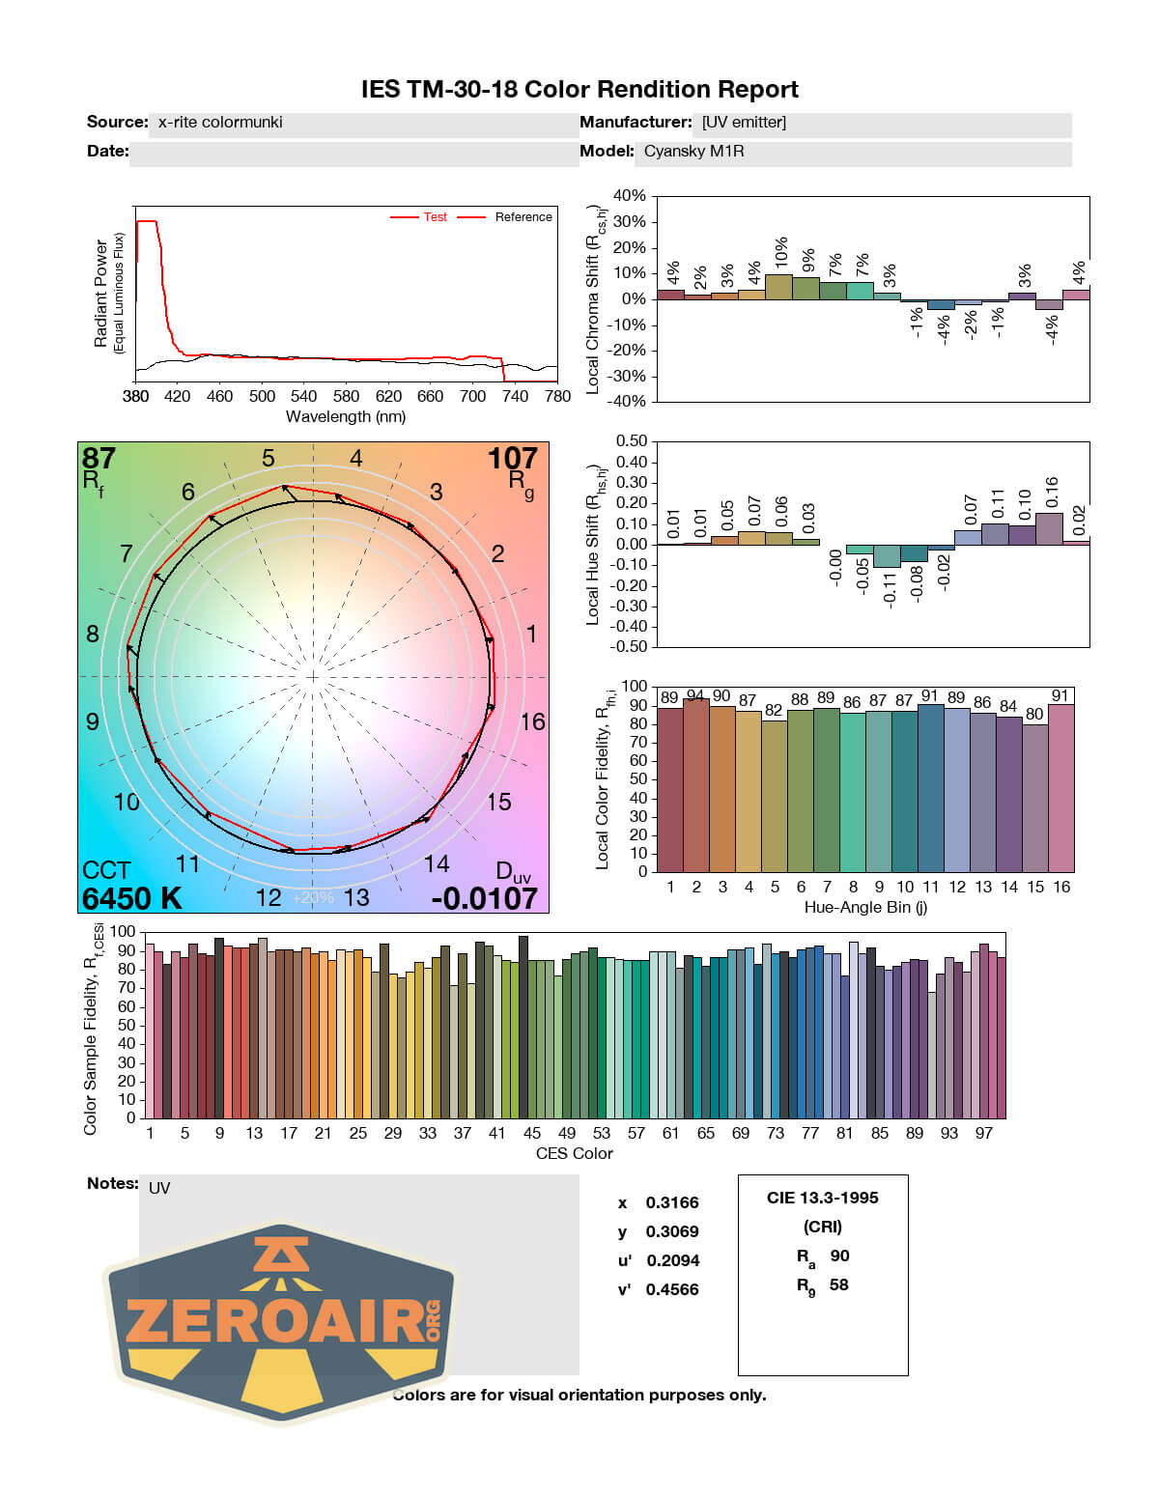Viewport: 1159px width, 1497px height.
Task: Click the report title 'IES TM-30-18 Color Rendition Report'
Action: tap(579, 90)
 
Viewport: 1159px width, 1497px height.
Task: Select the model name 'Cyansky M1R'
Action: tap(693, 152)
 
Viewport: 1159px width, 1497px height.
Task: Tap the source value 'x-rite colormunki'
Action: tap(220, 123)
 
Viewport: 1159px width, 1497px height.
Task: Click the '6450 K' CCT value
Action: tap(131, 898)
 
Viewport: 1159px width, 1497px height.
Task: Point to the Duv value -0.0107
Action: tap(484, 898)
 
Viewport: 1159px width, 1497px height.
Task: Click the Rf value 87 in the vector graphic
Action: tap(99, 458)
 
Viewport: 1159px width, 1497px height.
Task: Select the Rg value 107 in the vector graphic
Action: tap(512, 458)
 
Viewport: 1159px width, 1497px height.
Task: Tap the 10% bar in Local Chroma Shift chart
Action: tap(778, 287)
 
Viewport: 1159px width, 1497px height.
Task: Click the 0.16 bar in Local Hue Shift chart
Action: tap(1049, 528)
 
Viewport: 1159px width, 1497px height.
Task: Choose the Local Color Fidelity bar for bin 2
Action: tap(695, 785)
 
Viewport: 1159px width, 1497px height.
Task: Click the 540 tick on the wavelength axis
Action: tap(303, 396)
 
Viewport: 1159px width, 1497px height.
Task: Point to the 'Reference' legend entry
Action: tap(523, 217)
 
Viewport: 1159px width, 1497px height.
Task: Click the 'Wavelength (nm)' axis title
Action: tap(346, 417)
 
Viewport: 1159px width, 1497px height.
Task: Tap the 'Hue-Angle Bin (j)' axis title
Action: tap(865, 907)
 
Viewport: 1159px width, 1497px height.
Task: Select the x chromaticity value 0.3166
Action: tap(672, 1202)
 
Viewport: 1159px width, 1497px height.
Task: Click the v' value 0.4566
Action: tap(672, 1289)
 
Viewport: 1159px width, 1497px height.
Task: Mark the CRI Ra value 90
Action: tap(839, 1256)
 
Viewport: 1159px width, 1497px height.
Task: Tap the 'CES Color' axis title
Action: tap(575, 1153)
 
